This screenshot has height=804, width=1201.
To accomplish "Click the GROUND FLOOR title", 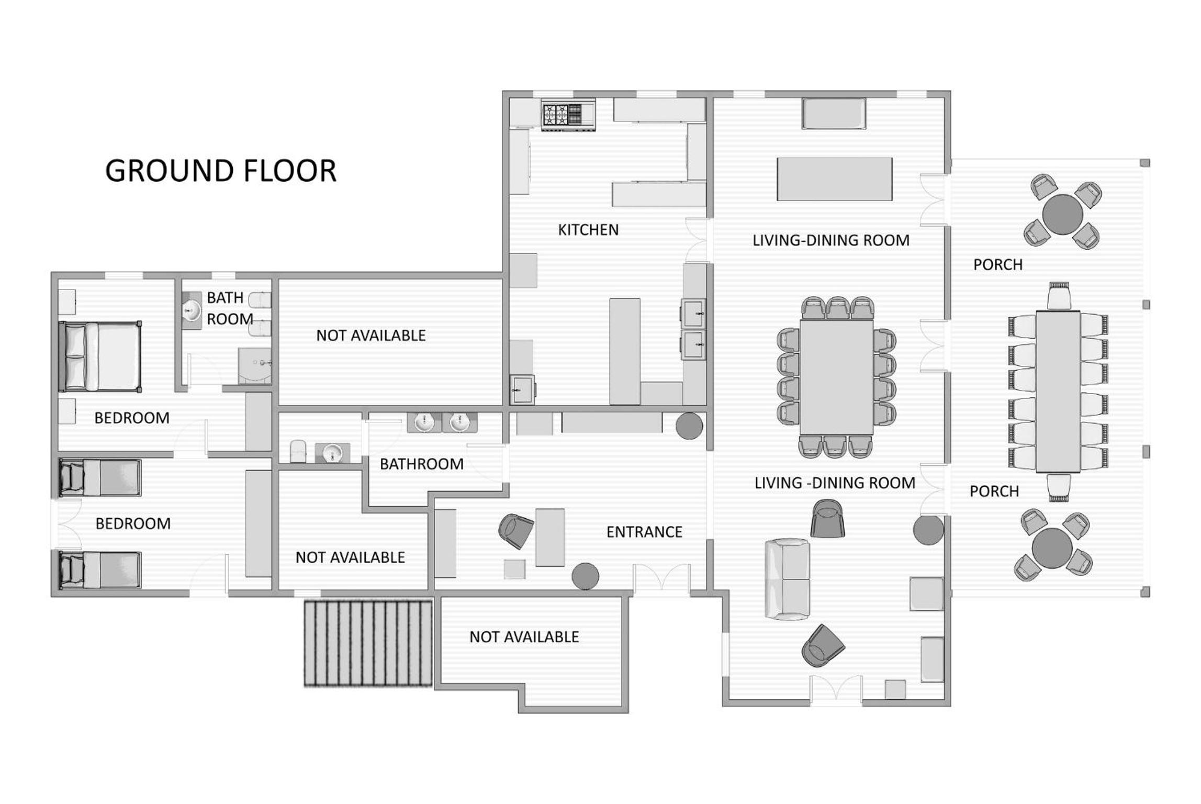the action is (221, 171).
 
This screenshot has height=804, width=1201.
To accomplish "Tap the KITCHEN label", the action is (588, 230).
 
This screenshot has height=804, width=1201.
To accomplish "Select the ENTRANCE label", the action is (644, 532).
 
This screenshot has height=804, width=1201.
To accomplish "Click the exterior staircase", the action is (368, 644).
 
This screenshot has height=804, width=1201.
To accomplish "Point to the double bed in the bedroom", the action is (100, 356).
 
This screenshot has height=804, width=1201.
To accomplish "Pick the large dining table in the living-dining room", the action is (836, 377).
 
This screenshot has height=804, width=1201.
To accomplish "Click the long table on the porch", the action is (1058, 392).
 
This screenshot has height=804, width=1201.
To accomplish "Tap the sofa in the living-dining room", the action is (788, 579).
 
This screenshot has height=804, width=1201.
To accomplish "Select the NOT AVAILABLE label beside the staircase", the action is (524, 637).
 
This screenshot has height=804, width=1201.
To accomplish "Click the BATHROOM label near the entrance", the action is (421, 464).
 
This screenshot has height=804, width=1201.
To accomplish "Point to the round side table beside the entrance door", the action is (585, 576).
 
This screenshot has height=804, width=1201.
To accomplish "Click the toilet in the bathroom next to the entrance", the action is (297, 451).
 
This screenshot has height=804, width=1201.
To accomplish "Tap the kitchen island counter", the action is (625, 351).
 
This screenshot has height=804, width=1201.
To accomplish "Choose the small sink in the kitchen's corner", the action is (522, 389).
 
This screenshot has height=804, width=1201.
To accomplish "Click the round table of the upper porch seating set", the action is (1062, 214).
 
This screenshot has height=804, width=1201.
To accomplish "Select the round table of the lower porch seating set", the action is (1052, 548).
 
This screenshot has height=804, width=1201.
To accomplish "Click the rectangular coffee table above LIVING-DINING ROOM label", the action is (834, 179).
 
